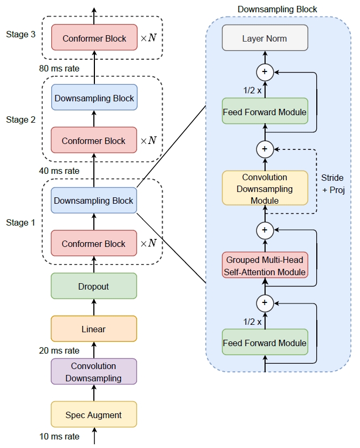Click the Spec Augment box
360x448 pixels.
(94, 414)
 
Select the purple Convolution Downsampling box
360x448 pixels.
(94, 372)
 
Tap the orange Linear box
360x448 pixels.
(94, 329)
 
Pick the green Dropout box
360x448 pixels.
(94, 286)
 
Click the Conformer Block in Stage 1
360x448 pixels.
(94, 244)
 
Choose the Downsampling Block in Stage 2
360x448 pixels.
(94, 98)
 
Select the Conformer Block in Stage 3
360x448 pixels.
(94, 38)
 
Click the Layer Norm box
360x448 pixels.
(265, 38)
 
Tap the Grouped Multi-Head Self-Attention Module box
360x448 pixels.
(265, 266)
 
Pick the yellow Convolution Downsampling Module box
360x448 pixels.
(265, 188)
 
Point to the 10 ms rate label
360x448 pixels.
(59, 436)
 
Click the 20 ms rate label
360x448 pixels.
(59, 350)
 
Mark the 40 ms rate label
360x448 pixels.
(59, 171)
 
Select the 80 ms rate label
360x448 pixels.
(59, 68)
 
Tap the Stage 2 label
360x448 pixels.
(21, 119)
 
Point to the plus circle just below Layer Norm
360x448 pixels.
(265, 71)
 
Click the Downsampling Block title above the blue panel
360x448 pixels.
(277, 9)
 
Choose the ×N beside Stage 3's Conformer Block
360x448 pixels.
(148, 38)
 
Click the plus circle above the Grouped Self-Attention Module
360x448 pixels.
(265, 230)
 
